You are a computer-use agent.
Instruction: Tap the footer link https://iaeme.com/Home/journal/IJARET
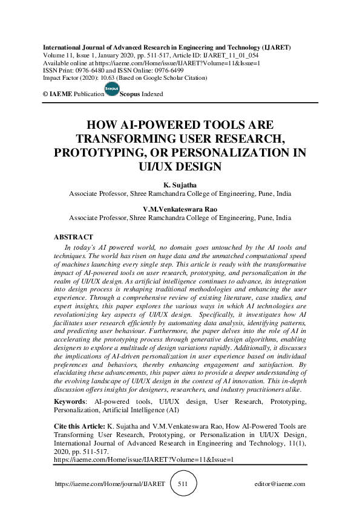(110, 484)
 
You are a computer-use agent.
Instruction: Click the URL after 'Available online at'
(175, 62)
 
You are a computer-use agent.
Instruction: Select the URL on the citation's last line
(143, 459)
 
